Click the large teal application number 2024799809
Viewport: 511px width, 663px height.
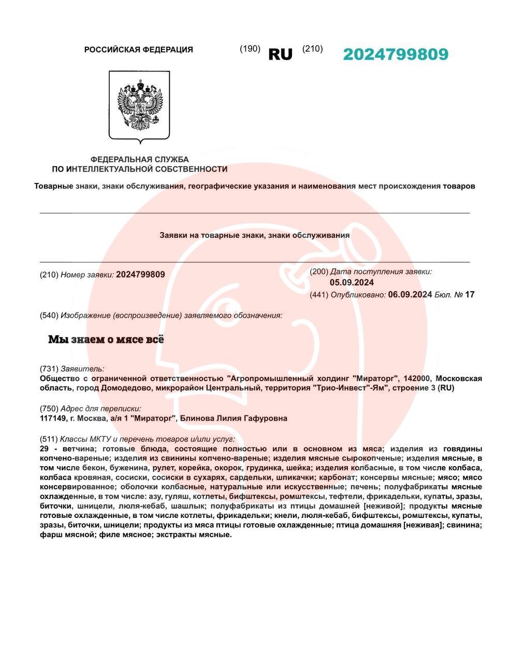click(x=395, y=54)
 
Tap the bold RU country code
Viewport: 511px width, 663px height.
click(x=280, y=54)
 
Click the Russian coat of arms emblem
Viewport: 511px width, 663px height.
click(x=139, y=106)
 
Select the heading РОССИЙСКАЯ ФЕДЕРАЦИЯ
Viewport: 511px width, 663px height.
click(x=138, y=50)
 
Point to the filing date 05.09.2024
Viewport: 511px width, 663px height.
click(x=352, y=282)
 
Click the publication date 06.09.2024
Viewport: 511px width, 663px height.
click(x=410, y=295)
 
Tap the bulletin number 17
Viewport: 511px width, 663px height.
click(x=470, y=295)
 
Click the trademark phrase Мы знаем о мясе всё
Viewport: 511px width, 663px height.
click(x=106, y=339)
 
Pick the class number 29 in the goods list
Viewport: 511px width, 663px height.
click(x=45, y=449)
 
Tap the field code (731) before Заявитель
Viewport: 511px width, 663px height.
click(x=49, y=369)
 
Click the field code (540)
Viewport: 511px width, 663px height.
click(x=49, y=315)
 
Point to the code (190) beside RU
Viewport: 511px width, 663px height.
click(x=250, y=49)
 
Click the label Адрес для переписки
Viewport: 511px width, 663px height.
click(x=100, y=409)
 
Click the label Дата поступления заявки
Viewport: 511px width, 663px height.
click(x=381, y=271)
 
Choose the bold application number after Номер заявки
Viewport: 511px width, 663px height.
click(x=140, y=275)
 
